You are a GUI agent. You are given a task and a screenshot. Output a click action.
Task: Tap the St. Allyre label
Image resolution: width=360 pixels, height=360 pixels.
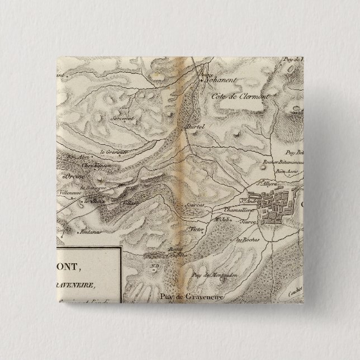click(267, 182)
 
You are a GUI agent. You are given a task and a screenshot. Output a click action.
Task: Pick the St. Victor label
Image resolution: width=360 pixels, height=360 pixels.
click(195, 229)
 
